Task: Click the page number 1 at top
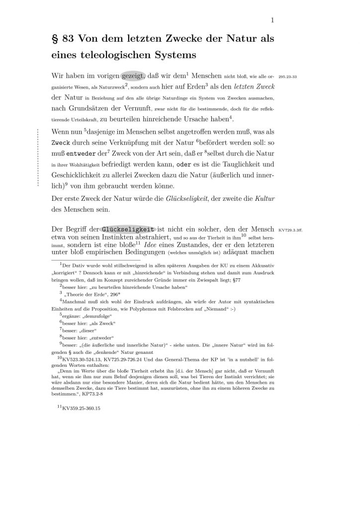pyautogui.click(x=273, y=20)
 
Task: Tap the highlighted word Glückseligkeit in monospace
pyautogui.click(x=128, y=230)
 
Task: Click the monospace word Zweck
pyautogui.click(x=62, y=143)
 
